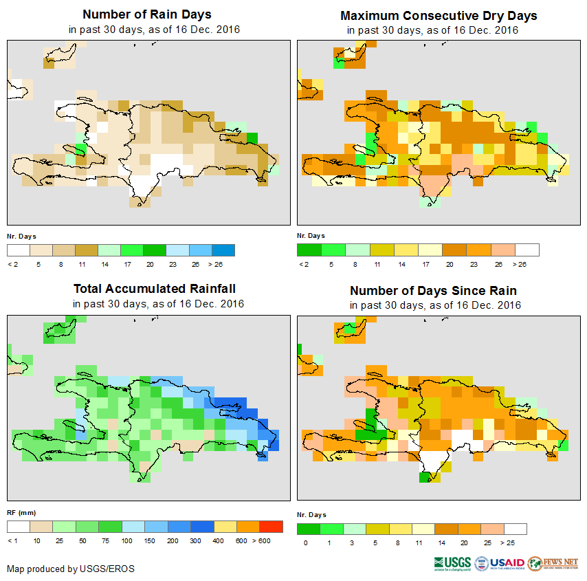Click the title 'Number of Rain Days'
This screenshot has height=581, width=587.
click(x=146, y=14)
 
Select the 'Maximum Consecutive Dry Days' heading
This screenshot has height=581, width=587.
click(x=439, y=15)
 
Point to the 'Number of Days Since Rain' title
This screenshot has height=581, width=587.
click(x=433, y=290)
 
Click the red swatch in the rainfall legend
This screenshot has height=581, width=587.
click(x=271, y=527)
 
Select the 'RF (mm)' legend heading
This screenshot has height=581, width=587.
click(x=21, y=512)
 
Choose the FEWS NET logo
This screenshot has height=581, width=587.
click(x=554, y=563)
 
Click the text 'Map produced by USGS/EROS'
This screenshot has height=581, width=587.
click(x=71, y=569)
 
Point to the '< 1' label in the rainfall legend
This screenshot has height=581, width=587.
click(x=12, y=540)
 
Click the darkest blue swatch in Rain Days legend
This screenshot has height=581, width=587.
click(x=223, y=250)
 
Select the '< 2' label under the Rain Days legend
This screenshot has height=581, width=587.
click(x=12, y=263)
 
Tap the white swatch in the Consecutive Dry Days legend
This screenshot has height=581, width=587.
click(x=527, y=250)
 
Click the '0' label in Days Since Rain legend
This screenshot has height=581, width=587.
click(x=304, y=543)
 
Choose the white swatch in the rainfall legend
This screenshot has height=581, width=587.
click(x=19, y=527)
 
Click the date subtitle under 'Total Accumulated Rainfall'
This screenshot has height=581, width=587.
click(x=158, y=303)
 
